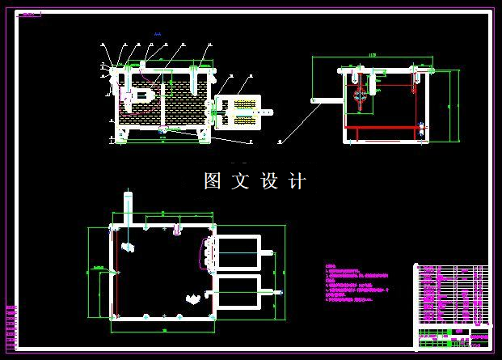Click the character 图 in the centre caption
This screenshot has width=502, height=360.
coord(213,181)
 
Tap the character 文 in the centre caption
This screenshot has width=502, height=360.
coord(241,181)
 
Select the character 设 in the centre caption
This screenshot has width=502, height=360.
coord(269,181)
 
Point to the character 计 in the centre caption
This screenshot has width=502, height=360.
coord(297,181)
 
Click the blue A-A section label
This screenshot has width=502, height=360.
coord(157,34)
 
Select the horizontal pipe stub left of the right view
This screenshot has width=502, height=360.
coord(324,101)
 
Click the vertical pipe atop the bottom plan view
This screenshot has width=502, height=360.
coord(126,207)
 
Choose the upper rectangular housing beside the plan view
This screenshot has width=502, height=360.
coord(238,251)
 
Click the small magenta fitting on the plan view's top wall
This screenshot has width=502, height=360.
coord(175,230)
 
